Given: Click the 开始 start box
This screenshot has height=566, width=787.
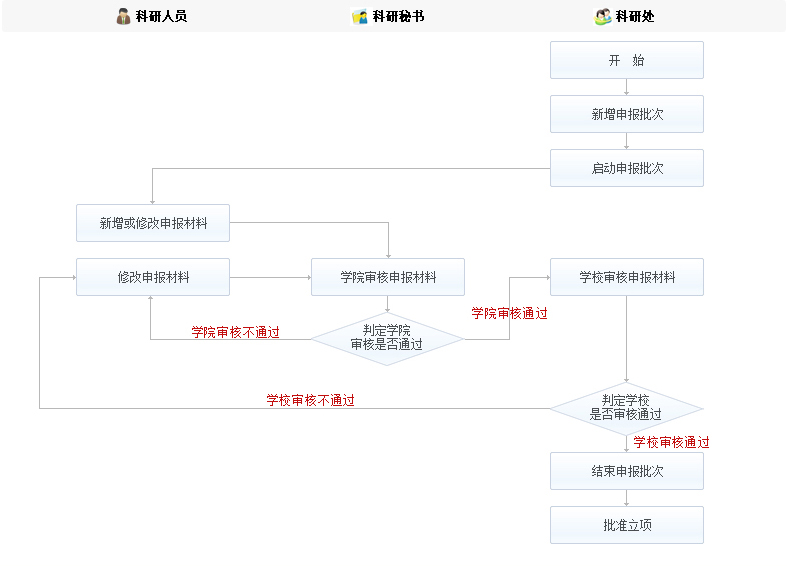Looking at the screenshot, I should pos(626,60).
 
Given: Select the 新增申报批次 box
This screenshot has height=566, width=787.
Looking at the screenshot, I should pos(626,114).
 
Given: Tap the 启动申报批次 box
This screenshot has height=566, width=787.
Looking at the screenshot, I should pos(626,168).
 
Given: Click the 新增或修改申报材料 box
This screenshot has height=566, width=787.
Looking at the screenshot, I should pos(153,223).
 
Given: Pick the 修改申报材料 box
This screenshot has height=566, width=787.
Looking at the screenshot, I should pos(153,277).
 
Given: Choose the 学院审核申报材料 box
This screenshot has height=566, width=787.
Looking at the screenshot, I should pos(388,277).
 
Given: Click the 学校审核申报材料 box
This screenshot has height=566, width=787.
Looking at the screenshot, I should pos(626,277).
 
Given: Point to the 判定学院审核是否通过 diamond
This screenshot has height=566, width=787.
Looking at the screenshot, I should pos(387,338).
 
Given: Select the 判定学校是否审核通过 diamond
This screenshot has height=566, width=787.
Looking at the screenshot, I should pos(626,407).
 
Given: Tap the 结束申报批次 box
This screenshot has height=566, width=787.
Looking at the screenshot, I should pos(626,470).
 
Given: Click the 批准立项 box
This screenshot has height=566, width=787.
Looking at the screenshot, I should pos(626,524).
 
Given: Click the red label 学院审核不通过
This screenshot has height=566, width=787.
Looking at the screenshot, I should pos(235,332).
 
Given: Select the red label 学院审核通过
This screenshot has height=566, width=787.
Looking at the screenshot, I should pos(509,313).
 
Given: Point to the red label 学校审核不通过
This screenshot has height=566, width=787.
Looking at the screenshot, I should pos(310,400).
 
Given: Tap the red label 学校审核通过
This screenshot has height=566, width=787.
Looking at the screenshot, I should pos(671,442).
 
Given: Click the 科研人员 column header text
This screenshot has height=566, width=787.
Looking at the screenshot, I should pos(161,16).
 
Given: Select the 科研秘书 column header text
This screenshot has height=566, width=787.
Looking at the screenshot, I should pos(398,16).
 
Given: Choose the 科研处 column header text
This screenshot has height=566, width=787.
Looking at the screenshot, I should pos(635,16).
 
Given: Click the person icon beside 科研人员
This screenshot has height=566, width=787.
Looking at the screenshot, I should pos(124,16).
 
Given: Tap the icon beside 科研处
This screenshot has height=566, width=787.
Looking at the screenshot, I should pos(603,16).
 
